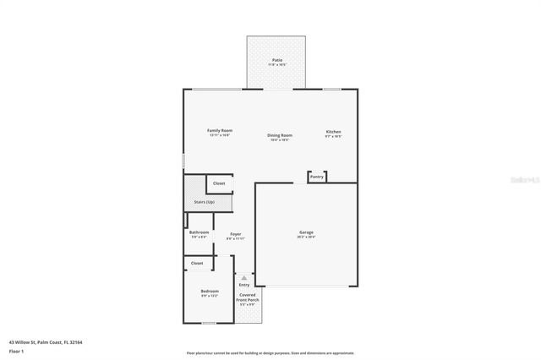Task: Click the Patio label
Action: point(276,61)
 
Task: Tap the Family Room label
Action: point(220,131)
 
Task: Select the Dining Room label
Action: point(280,136)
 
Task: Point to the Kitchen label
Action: point(334,132)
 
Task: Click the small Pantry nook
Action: point(316,177)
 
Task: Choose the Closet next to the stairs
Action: point(219,183)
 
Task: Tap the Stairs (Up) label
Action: point(205,202)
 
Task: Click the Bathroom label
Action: point(199,232)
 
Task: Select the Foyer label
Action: point(235,234)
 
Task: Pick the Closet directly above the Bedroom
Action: point(197,263)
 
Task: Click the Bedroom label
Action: point(210,292)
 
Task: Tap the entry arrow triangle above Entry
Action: point(244,276)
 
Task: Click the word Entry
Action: point(244,285)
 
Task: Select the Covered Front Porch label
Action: point(248,299)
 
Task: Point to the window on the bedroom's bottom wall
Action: point(209,323)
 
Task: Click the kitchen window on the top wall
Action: point(331,89)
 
